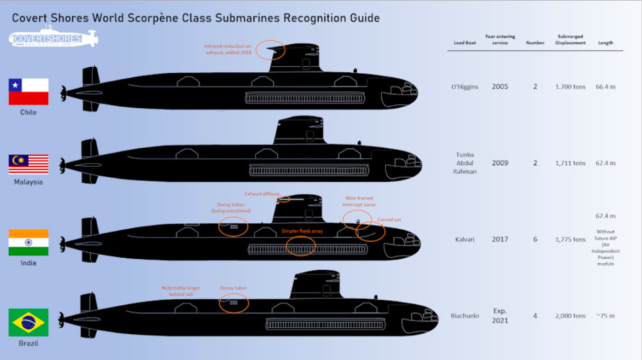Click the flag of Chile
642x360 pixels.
tap(28, 91)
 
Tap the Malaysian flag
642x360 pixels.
tap(28, 164)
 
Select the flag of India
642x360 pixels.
tap(28, 242)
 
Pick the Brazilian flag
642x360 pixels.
tap(28, 322)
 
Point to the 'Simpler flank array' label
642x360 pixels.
tap(302, 231)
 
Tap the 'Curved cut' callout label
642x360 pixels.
tap(389, 219)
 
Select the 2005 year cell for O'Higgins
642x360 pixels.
tap(499, 86)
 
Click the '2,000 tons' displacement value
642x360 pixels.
tap(570, 316)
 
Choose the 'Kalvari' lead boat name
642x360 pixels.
tap(465, 239)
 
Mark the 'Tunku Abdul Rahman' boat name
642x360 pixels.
tap(465, 163)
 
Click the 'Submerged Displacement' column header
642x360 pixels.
tap(570, 39)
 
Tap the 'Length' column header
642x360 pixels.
tap(605, 43)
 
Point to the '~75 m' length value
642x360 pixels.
tap(605, 316)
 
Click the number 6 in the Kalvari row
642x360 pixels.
tap(535, 239)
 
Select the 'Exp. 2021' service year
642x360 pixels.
tap(499, 316)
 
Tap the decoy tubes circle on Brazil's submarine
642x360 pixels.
tap(234, 303)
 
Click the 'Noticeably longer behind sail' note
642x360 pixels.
tap(181, 291)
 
